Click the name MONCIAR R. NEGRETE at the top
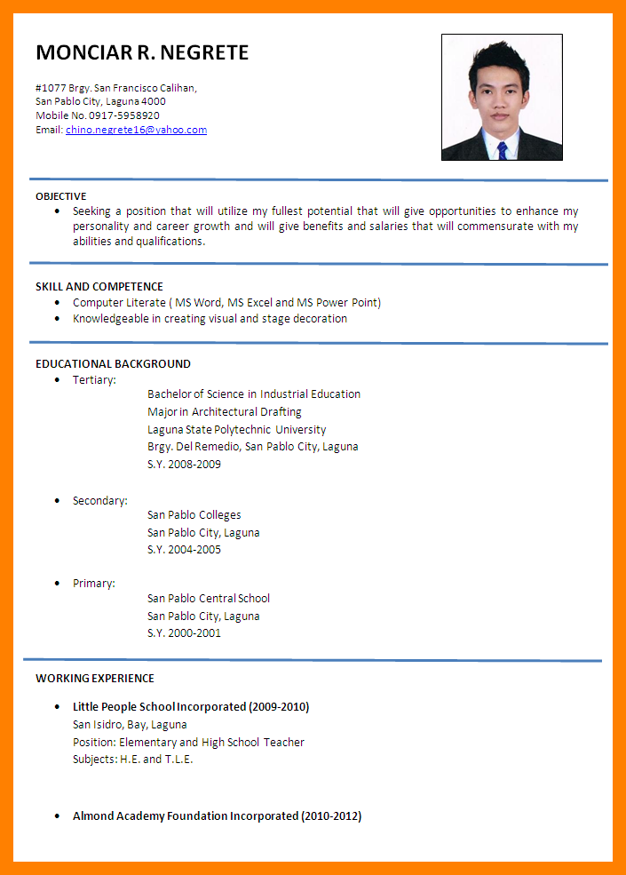142,52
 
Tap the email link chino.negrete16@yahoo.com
136,130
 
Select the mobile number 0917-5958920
124,115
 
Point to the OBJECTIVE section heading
61,196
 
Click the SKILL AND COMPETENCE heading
99,287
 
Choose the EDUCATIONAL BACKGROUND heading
113,364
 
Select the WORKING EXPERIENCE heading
95,679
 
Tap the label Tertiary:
94,380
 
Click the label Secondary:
99,501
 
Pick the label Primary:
93,584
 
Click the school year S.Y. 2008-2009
184,465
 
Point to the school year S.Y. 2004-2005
184,550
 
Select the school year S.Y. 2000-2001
184,633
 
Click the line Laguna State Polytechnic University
236,430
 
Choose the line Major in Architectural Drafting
225,412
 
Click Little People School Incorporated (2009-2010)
191,707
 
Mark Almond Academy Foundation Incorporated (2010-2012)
217,816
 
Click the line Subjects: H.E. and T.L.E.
133,760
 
